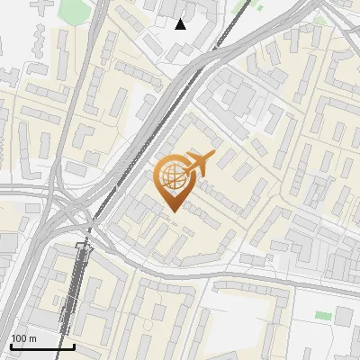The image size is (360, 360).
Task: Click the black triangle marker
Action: tap(181, 24)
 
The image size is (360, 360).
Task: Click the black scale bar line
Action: tap(42, 346)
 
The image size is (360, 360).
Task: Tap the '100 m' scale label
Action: tap(24, 338)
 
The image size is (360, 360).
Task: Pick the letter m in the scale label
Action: tap(32, 338)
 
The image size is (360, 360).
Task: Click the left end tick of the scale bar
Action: tap(11, 344)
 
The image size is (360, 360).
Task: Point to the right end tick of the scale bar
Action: tap(74, 344)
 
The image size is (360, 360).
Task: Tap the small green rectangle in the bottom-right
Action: tap(323, 316)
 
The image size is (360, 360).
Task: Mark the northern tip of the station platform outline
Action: tap(87, 243)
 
